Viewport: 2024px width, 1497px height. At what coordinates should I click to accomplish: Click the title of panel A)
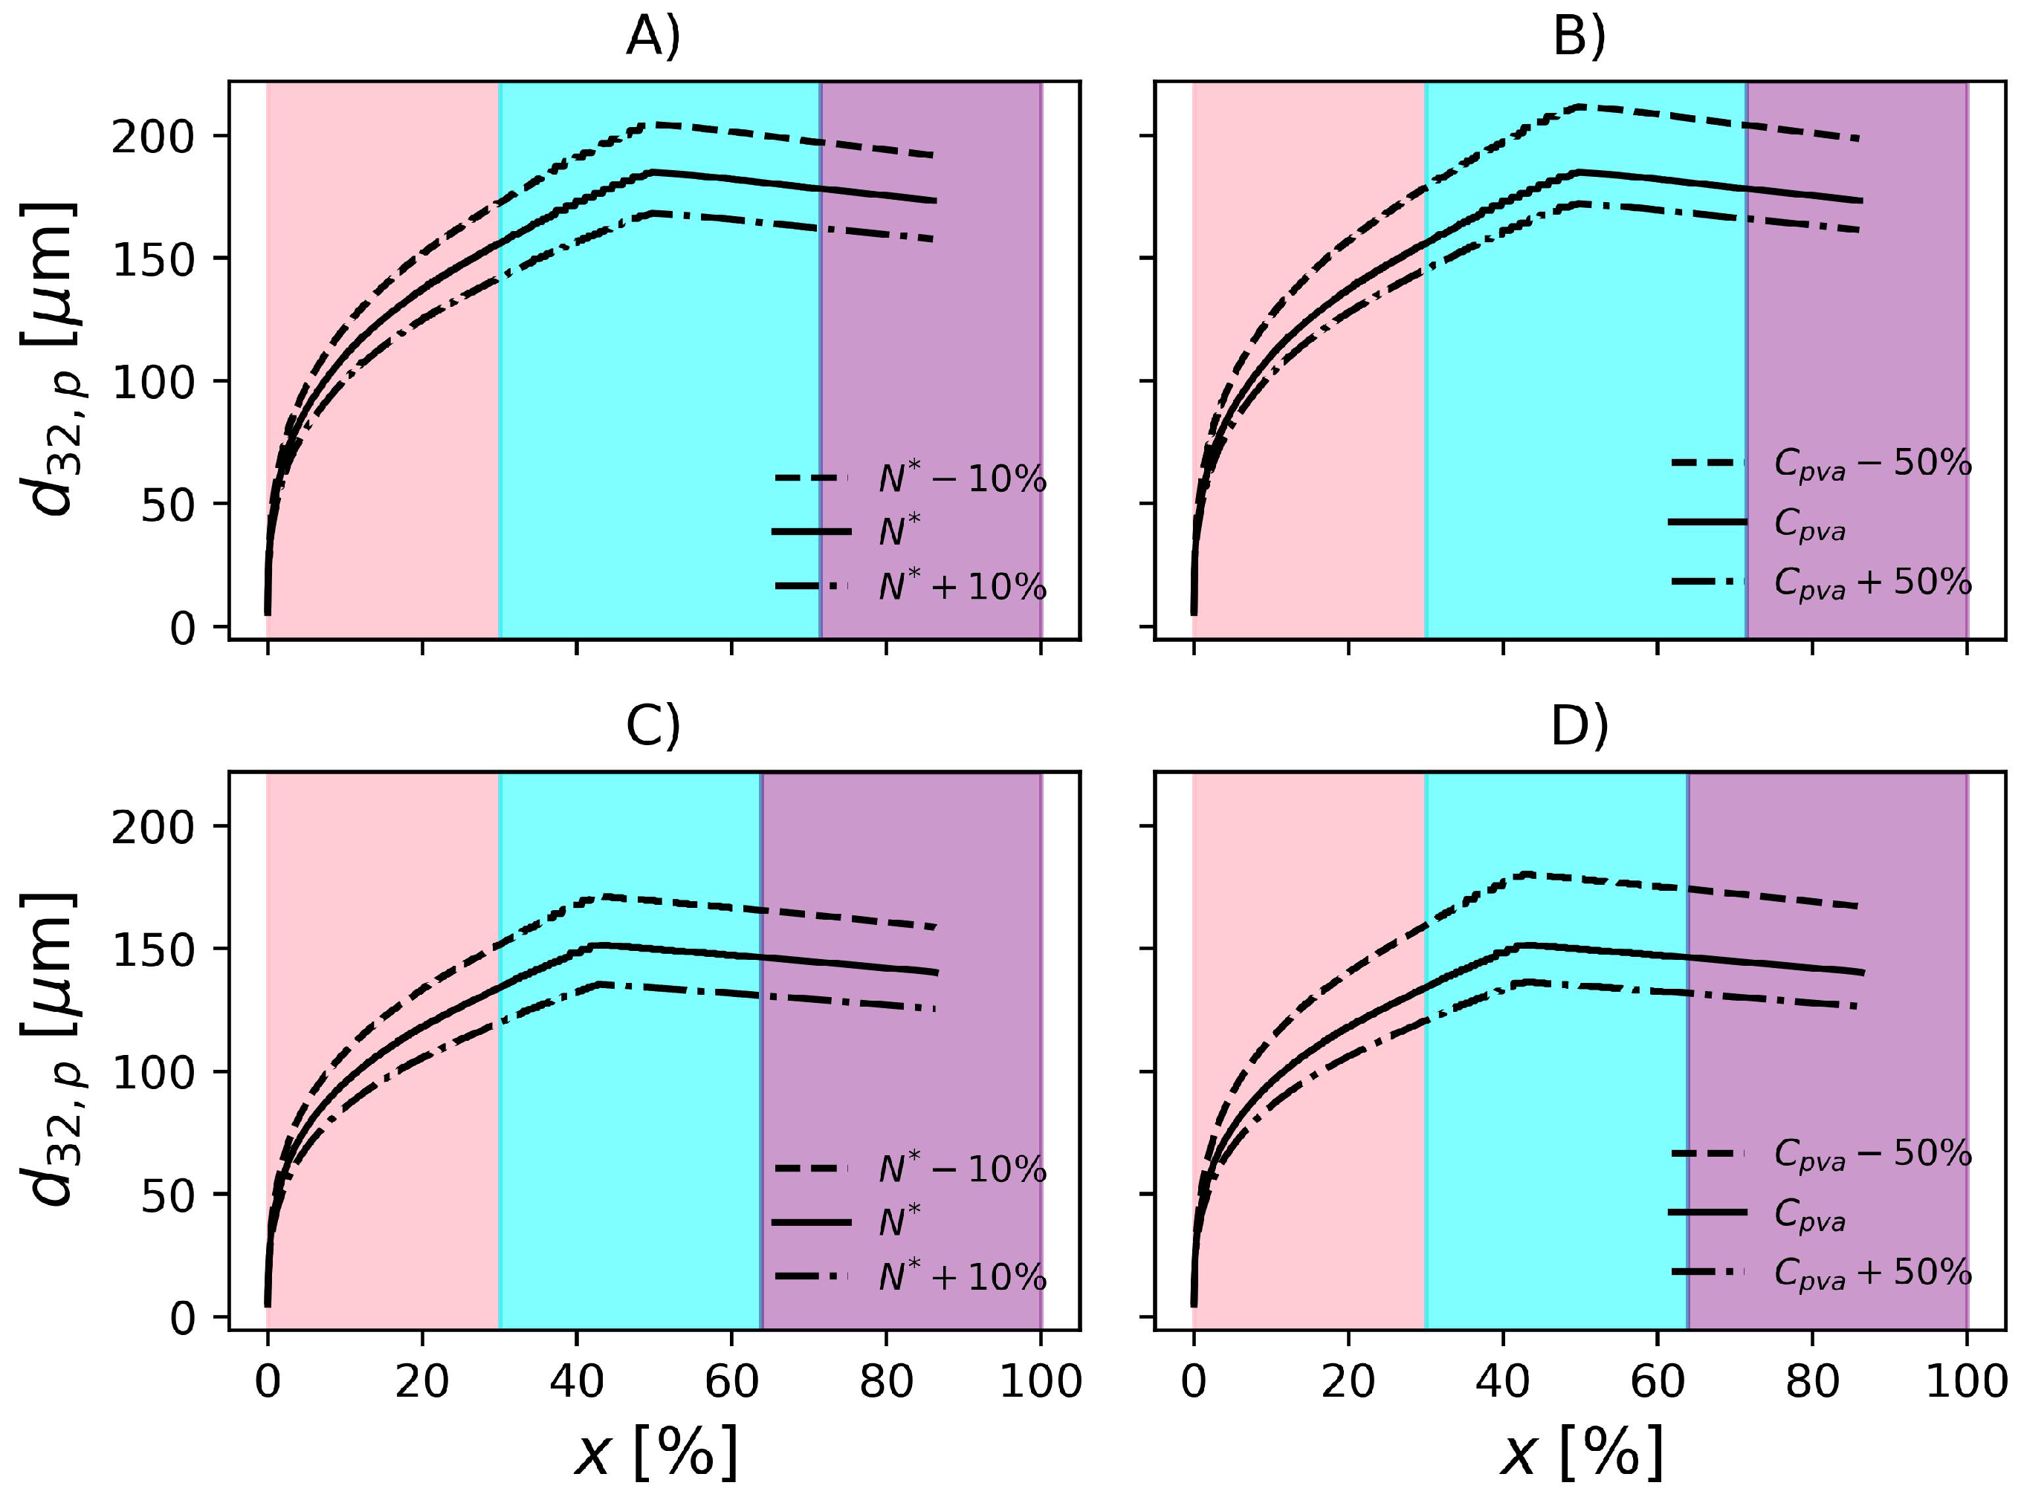pos(653,40)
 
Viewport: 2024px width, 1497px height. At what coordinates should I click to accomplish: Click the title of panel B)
pos(1579,40)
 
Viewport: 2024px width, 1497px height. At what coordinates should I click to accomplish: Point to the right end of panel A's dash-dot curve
pos(934,239)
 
